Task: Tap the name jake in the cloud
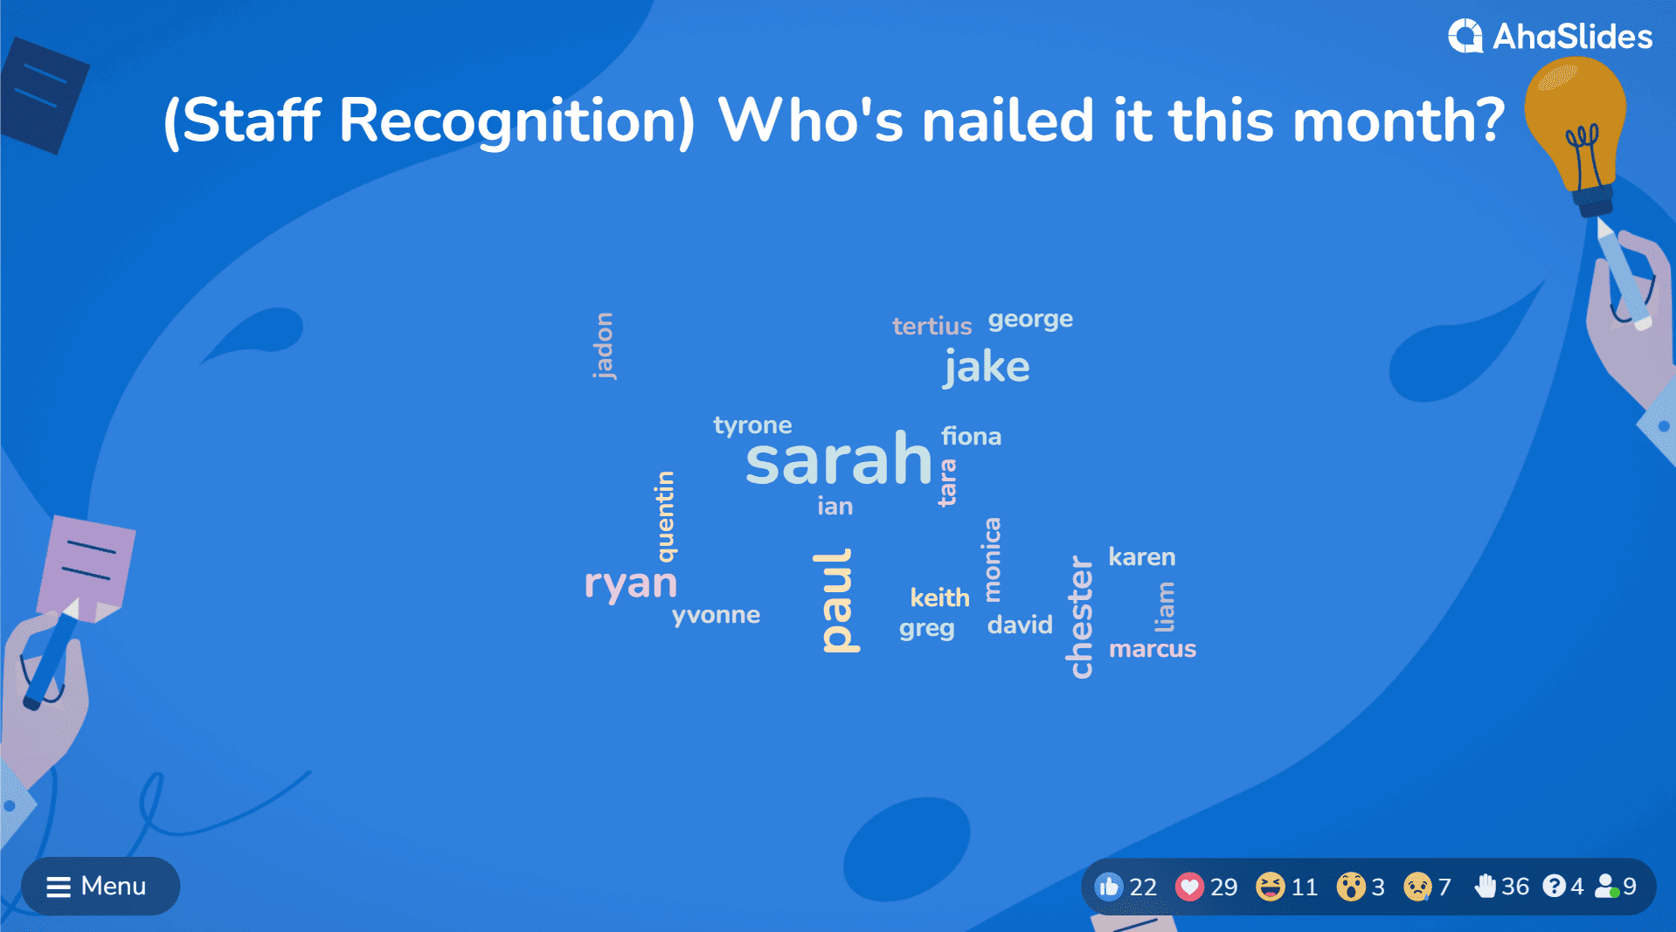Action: click(x=987, y=367)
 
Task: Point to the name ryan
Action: click(x=630, y=583)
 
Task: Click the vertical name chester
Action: click(x=1081, y=617)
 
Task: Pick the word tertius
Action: click(x=931, y=326)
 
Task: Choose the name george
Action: click(x=1030, y=320)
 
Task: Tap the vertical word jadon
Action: click(x=604, y=346)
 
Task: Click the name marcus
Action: click(x=1153, y=649)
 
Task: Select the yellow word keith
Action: click(x=940, y=597)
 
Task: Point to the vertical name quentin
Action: click(x=666, y=516)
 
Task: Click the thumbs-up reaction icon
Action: click(x=1109, y=887)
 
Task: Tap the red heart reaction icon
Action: click(x=1188, y=887)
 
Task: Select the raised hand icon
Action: click(x=1485, y=887)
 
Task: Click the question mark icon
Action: click(x=1554, y=887)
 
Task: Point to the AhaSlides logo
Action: click(x=1550, y=37)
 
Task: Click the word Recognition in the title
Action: click(x=516, y=121)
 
